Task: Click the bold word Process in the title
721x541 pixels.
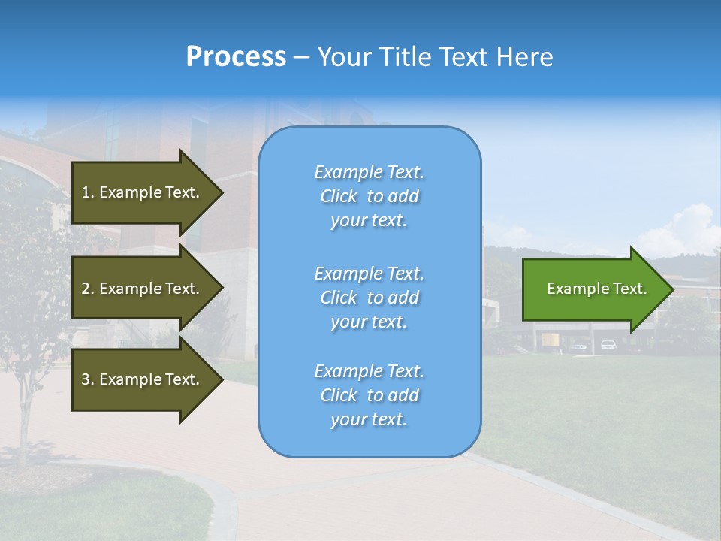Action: coord(236,57)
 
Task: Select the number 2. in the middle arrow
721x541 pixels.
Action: coord(88,289)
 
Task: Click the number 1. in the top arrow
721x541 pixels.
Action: coord(88,192)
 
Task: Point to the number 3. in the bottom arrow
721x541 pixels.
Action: coord(88,379)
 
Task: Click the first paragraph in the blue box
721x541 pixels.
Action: coord(369,196)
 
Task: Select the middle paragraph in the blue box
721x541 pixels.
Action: coord(369,298)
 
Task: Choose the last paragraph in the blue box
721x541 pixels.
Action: coord(369,395)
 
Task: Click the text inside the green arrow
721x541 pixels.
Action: coord(596,289)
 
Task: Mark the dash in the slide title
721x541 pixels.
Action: coord(302,57)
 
